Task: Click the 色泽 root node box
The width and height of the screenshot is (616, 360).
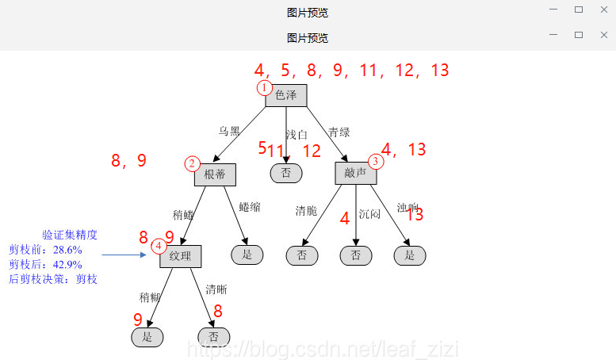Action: point(286,95)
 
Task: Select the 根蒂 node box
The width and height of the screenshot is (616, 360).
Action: point(215,174)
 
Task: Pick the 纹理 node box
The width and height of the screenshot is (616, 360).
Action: point(181,256)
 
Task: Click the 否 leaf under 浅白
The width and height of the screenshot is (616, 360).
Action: point(286,172)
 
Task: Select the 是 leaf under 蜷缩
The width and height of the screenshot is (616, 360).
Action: point(247,254)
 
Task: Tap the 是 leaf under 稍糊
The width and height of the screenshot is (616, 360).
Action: point(147,337)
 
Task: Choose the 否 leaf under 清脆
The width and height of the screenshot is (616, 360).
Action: point(302,255)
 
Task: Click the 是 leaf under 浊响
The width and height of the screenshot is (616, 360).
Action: point(410,255)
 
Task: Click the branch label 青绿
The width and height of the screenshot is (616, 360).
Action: point(339,132)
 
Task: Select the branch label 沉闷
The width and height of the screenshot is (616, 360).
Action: point(369,214)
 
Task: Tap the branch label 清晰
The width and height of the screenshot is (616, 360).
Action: point(216,289)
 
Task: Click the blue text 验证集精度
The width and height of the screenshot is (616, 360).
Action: point(70,235)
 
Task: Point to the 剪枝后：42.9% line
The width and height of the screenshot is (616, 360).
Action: point(45,264)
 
